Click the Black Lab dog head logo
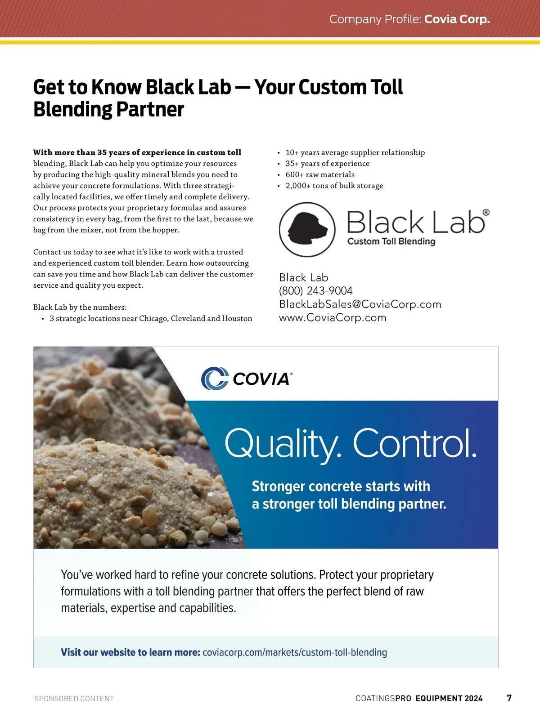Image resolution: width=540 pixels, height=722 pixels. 307,229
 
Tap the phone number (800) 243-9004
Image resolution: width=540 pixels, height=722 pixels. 315,291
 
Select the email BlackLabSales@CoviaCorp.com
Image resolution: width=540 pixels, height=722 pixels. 360,304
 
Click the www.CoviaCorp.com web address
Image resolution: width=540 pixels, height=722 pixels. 333,318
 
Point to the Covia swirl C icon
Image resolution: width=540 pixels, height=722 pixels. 215,379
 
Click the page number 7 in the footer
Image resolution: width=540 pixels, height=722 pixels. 509,698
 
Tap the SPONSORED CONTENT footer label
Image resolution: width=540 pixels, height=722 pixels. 74,699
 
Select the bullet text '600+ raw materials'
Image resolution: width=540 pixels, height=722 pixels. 320,174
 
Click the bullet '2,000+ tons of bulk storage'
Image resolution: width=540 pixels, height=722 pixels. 334,186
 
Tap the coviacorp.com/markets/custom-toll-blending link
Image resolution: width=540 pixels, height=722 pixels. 295,652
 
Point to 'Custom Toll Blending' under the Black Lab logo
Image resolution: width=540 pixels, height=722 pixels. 391,241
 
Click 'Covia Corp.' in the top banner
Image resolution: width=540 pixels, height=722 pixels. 457,19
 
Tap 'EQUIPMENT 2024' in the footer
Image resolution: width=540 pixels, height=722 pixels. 449,699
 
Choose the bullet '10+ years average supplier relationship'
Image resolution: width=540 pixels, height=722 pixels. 355,152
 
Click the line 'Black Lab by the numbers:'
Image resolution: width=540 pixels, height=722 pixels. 80,308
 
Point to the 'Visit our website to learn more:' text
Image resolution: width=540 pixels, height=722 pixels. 130,652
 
